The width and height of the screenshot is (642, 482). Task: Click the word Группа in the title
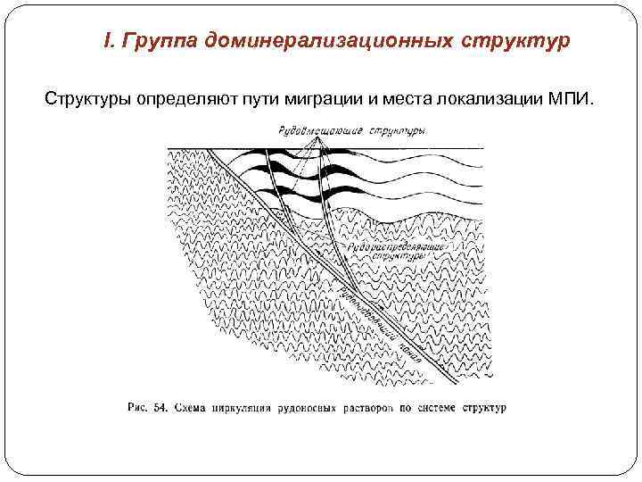tap(158, 41)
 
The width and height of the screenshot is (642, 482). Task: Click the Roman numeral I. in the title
tap(110, 41)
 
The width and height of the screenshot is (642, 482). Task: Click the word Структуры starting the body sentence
tap(86, 96)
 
